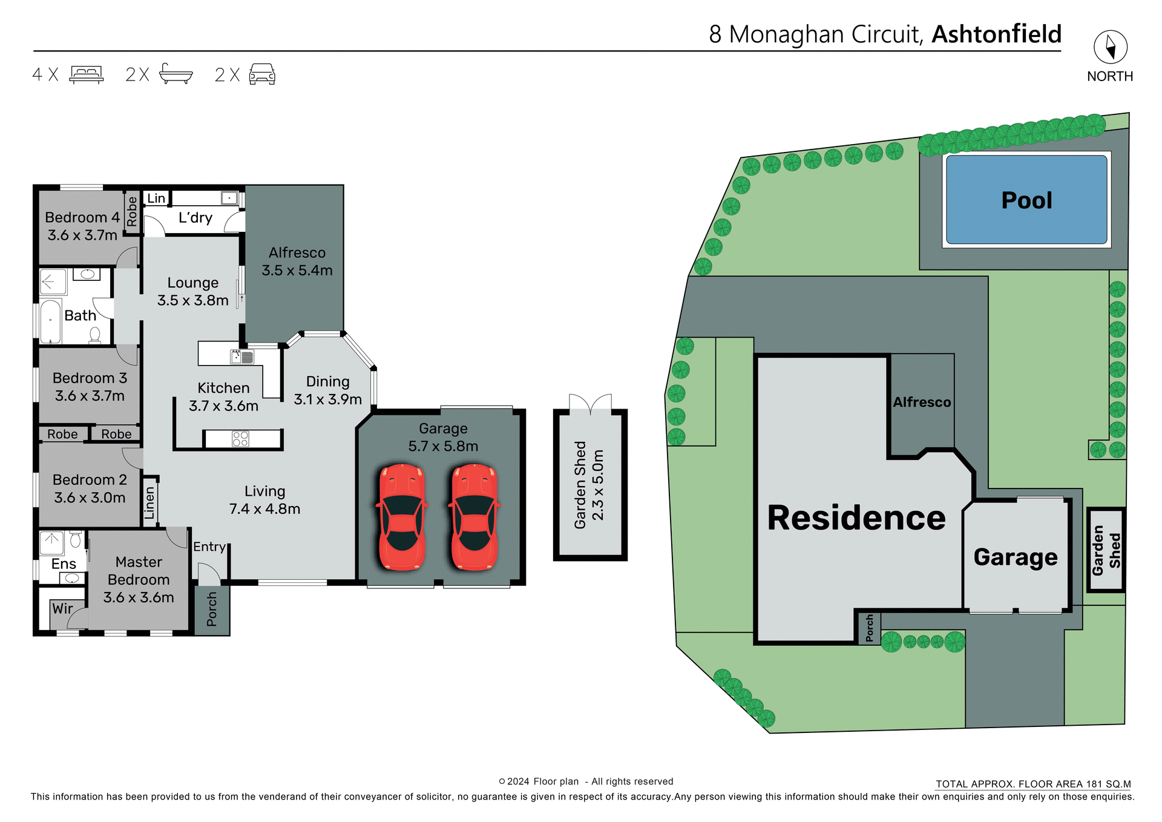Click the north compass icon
click(x=1110, y=47)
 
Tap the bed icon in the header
click(x=87, y=74)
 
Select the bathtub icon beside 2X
click(x=176, y=74)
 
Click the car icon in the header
click(x=262, y=74)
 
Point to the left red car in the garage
click(x=402, y=518)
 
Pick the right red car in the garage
click(x=475, y=518)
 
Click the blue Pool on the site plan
click(x=1026, y=200)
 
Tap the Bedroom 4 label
click(x=82, y=217)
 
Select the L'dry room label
click(x=195, y=217)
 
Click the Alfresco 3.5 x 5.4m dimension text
click(x=297, y=271)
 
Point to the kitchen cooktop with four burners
click(x=240, y=439)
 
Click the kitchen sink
click(x=242, y=357)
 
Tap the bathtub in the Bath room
click(x=51, y=321)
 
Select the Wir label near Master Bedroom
click(x=62, y=608)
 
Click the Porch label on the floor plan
click(x=212, y=610)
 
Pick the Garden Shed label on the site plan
click(x=1106, y=550)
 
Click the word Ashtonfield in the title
click(x=996, y=35)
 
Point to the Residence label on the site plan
click(x=856, y=518)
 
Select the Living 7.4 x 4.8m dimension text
click(x=264, y=509)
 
